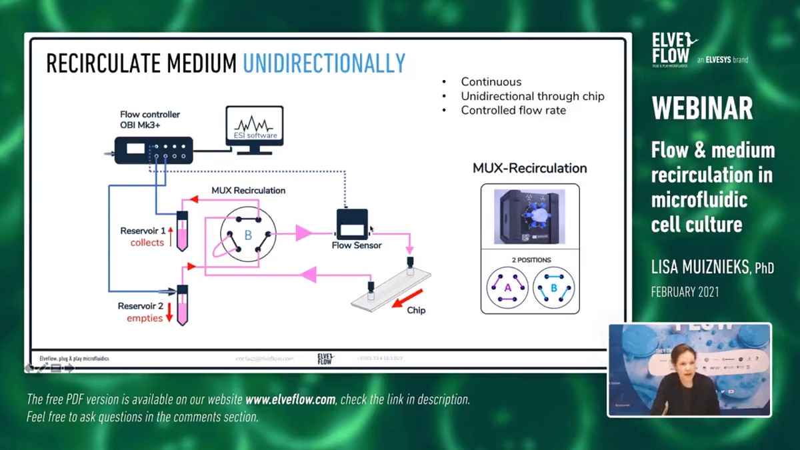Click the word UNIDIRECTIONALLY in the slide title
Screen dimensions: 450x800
324,63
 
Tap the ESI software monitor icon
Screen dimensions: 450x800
254,128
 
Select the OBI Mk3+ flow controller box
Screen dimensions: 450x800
153,149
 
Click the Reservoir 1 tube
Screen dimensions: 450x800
182,231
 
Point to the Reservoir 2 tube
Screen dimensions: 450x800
182,305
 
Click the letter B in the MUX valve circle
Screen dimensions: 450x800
248,235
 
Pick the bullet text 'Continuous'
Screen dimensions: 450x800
491,82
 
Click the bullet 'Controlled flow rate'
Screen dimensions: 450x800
513,111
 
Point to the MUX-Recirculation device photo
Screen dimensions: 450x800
530,217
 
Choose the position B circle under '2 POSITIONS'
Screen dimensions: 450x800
553,287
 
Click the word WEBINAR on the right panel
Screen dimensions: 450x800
703,109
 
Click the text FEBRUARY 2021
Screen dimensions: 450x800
685,292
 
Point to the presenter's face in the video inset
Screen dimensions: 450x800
683,359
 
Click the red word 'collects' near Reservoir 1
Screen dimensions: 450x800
147,243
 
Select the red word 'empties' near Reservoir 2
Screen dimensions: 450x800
145,319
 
